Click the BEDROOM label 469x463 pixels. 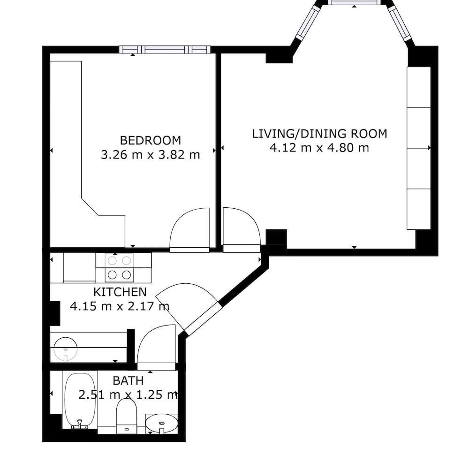point(151,140)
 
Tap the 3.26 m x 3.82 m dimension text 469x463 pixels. point(151,155)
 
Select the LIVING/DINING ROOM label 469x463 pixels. point(319,134)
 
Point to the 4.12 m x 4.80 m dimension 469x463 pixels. point(319,148)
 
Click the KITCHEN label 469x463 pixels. point(120,292)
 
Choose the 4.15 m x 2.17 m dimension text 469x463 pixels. point(120,306)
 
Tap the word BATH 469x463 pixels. point(129,381)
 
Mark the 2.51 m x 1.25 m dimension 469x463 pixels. point(129,395)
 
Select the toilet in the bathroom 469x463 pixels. point(126,416)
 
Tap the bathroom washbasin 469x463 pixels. point(161,424)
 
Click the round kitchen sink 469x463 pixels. point(66,349)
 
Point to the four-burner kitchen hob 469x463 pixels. point(119,268)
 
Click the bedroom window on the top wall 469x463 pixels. point(165,49)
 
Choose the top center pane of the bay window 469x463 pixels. point(355,2)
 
